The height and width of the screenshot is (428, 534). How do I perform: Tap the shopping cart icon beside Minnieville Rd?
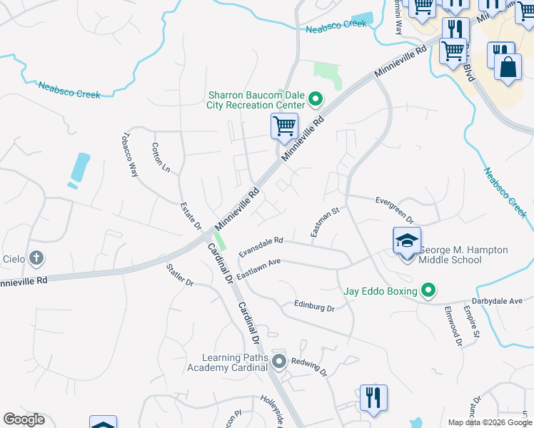pos(284,126)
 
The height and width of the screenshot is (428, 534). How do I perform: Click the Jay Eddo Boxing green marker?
pos(428,290)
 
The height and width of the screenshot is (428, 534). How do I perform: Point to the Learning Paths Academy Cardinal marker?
pos(279,362)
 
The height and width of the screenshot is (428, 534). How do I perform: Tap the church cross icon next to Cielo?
pos(36,258)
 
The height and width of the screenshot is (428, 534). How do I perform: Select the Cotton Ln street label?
pos(161,158)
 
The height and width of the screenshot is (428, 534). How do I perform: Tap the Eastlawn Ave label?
pos(258,267)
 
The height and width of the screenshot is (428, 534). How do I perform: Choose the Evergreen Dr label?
pos(395,208)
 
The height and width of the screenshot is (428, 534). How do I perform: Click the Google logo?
pos(24,419)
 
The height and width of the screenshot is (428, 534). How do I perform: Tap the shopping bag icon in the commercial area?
pos(508,68)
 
